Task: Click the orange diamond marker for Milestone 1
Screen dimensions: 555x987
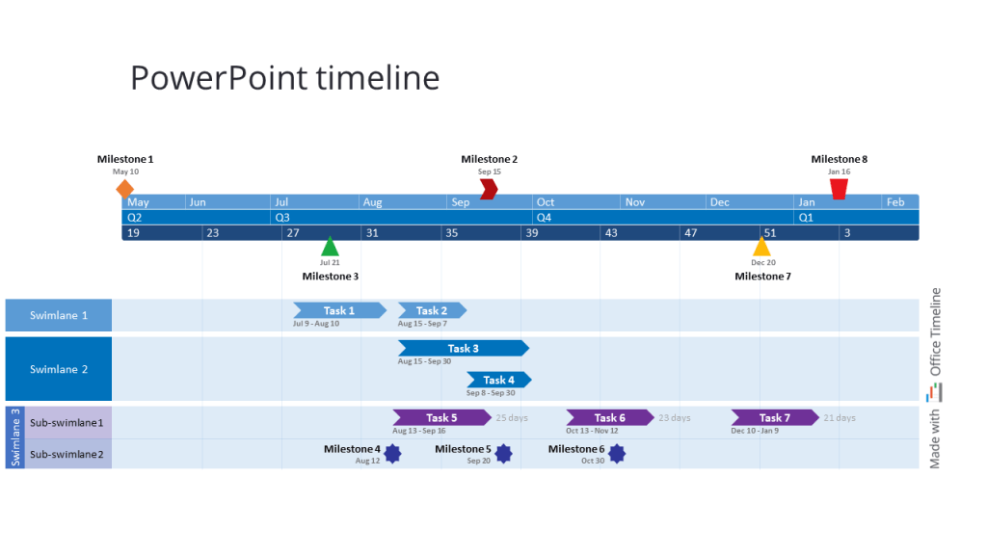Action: pyautogui.click(x=124, y=188)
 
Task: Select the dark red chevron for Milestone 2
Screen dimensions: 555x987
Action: pyautogui.click(x=489, y=189)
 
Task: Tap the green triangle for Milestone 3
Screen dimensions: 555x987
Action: pyautogui.click(x=330, y=247)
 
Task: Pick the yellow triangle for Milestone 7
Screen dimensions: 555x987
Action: pyautogui.click(x=761, y=247)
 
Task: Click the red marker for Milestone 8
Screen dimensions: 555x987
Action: pyautogui.click(x=839, y=189)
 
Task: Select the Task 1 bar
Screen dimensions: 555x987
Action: pyautogui.click(x=339, y=310)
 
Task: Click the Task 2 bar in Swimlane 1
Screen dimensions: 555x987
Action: pyautogui.click(x=432, y=310)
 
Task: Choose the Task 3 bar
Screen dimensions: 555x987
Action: pyautogui.click(x=463, y=348)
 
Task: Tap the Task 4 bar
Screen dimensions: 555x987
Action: pyautogui.click(x=498, y=380)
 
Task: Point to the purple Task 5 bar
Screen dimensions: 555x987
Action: pyautogui.click(x=441, y=417)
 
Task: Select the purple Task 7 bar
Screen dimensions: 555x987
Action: pyautogui.click(x=774, y=417)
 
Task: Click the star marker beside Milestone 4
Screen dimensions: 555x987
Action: pyautogui.click(x=392, y=453)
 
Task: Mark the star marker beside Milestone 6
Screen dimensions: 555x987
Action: pyautogui.click(x=617, y=453)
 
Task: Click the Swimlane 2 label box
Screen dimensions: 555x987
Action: pyautogui.click(x=59, y=369)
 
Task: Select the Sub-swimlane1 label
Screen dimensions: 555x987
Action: pyautogui.click(x=67, y=422)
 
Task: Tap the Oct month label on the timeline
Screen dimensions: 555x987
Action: pyautogui.click(x=546, y=202)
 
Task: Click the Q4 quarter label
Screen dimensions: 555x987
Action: pyautogui.click(x=544, y=218)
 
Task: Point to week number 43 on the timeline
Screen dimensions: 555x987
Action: pyautogui.click(x=611, y=233)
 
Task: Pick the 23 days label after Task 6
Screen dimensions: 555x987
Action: pyautogui.click(x=675, y=418)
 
